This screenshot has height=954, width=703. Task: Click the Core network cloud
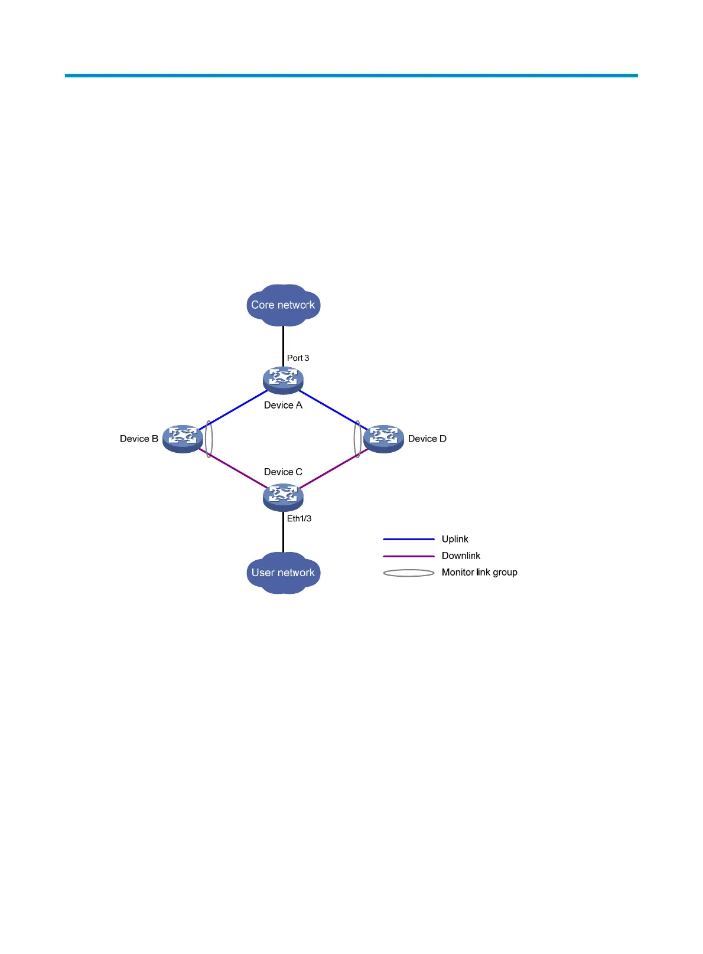pyautogui.click(x=283, y=305)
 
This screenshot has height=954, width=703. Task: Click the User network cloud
pyautogui.click(x=283, y=573)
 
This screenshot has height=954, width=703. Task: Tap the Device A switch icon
pyautogui.click(x=283, y=380)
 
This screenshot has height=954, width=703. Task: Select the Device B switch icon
pyautogui.click(x=183, y=439)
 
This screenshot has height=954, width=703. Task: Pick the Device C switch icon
pyautogui.click(x=283, y=496)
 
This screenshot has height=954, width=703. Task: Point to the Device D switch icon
pyautogui.click(x=383, y=439)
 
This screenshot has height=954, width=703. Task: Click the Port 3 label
pyautogui.click(x=298, y=358)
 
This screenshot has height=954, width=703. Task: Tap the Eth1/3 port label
pyautogui.click(x=299, y=519)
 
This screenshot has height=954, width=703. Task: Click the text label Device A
pyautogui.click(x=283, y=406)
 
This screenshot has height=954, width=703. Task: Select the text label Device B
pyautogui.click(x=139, y=439)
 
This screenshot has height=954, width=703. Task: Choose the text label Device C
pyautogui.click(x=283, y=472)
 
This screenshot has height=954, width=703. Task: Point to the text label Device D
pyautogui.click(x=427, y=439)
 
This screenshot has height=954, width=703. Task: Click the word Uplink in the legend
pyautogui.click(x=455, y=539)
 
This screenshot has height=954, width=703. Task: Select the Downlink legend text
pyautogui.click(x=461, y=556)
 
